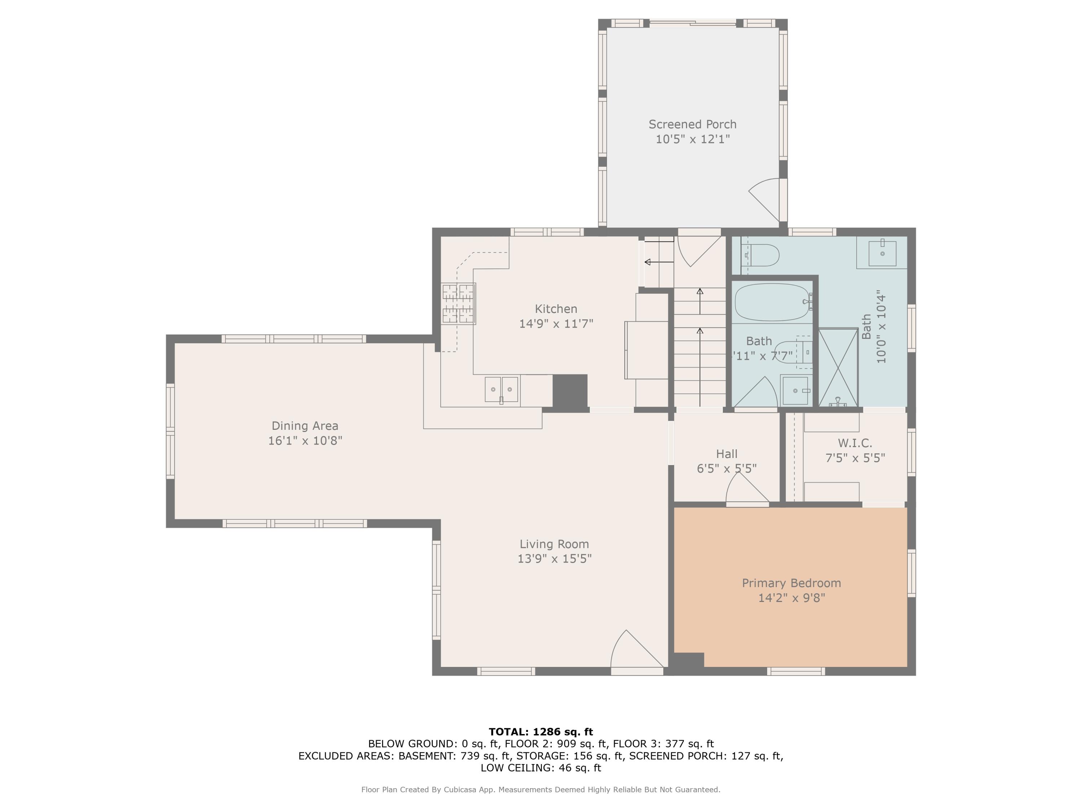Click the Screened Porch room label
click(x=692, y=124)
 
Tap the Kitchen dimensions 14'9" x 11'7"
click(x=556, y=323)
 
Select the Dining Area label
click(x=305, y=426)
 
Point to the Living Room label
click(x=554, y=544)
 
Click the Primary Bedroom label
click(x=791, y=583)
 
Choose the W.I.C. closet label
click(x=855, y=443)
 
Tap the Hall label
click(x=727, y=454)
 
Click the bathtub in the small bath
click(x=773, y=302)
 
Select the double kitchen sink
click(x=501, y=390)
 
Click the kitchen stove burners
click(x=458, y=304)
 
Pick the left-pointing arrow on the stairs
click(x=659, y=262)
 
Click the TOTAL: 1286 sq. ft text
click(x=541, y=732)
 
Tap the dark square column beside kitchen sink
click(x=570, y=390)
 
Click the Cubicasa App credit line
click(x=541, y=790)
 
